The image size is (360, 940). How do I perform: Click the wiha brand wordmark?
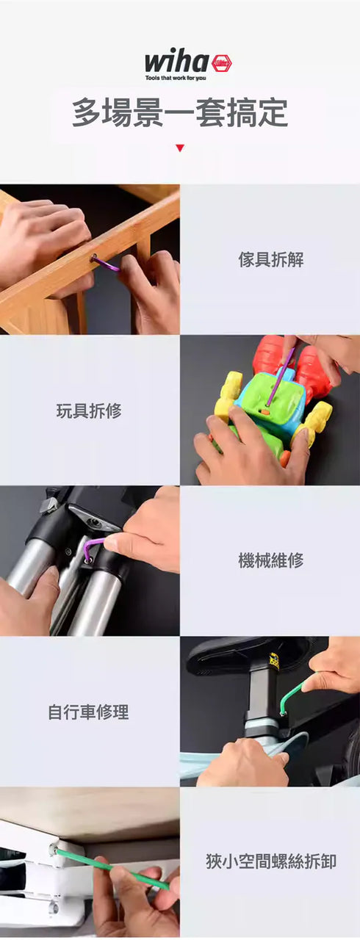point(176,62)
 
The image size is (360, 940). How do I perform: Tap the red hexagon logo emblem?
point(222,63)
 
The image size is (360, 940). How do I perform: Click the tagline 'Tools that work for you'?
point(176,78)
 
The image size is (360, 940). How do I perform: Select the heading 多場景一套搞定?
point(180,112)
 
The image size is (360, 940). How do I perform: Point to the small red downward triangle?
point(180,148)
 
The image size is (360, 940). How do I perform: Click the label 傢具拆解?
point(270,260)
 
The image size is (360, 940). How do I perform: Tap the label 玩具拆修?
point(89,411)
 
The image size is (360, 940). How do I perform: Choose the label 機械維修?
point(270,560)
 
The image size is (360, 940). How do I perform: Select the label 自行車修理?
point(89,712)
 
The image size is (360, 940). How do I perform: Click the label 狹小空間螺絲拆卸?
point(270,862)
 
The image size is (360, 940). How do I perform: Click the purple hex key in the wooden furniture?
point(105,263)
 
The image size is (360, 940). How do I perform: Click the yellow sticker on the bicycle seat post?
point(274,662)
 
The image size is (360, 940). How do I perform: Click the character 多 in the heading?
point(87,112)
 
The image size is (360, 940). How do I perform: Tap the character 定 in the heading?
point(273,112)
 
